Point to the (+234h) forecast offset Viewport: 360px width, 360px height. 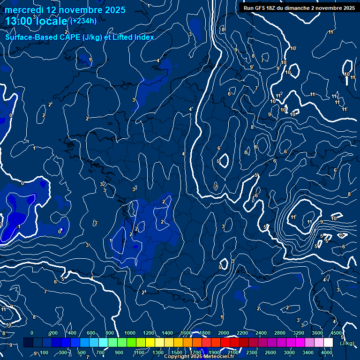(83, 21)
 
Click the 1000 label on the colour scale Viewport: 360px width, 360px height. (130, 333)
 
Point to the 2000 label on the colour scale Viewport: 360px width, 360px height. (224, 333)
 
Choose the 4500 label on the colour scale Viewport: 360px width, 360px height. (336, 333)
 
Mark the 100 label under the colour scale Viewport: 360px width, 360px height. (44, 352)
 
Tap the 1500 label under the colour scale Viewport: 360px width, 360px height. (176, 352)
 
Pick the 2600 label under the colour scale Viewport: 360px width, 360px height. (270, 352)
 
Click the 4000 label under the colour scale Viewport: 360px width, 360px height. (327, 352)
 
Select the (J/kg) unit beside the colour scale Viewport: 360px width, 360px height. (347, 343)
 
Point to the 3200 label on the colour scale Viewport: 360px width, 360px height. (298, 333)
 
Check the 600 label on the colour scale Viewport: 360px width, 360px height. (91, 333)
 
